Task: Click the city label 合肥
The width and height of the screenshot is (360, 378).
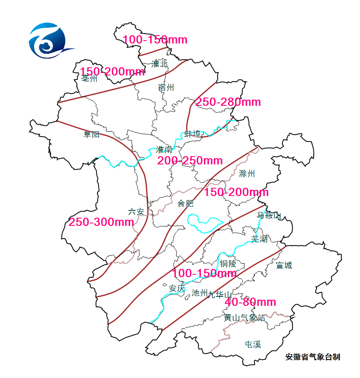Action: [x=185, y=203]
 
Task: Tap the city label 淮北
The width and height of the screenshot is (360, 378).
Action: [x=160, y=64]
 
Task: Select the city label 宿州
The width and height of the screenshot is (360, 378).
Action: [x=166, y=87]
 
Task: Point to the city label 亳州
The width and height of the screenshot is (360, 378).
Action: [x=89, y=78]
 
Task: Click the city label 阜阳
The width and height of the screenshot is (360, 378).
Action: [x=92, y=134]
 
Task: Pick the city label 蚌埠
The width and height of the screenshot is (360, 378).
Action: [x=193, y=134]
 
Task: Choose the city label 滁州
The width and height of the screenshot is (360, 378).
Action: [x=247, y=173]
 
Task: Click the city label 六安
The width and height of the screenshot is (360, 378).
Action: [x=136, y=212]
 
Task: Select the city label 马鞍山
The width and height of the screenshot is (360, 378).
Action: [x=269, y=215]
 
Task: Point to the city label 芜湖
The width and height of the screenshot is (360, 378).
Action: [x=259, y=239]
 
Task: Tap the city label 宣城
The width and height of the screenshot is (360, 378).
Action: [x=284, y=265]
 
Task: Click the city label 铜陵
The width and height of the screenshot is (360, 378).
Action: [x=228, y=264]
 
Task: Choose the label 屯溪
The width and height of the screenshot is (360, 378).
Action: [x=252, y=344]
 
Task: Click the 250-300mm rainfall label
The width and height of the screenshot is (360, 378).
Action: [x=101, y=222]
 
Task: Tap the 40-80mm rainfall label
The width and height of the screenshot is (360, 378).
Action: [x=250, y=302]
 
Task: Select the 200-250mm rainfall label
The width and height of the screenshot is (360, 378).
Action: [x=190, y=161]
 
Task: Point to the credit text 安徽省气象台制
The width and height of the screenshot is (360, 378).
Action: [x=313, y=357]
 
